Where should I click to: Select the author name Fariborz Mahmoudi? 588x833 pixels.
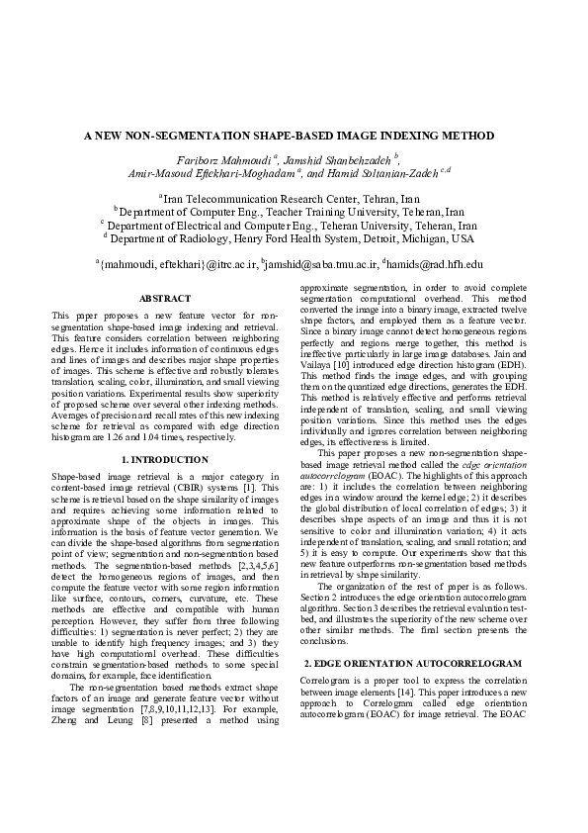click(x=225, y=158)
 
